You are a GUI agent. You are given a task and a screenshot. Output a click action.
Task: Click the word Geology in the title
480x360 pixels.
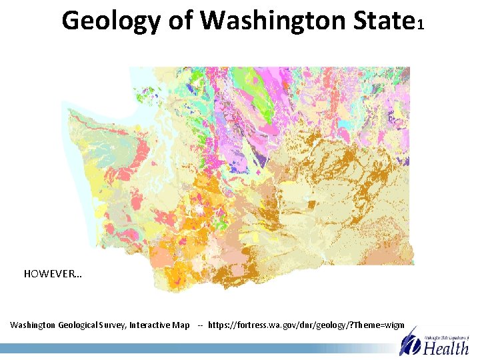(x=110, y=21)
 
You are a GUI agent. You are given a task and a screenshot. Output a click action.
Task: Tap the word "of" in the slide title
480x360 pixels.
(x=179, y=21)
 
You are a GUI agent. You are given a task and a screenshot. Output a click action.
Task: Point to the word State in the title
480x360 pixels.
(x=381, y=21)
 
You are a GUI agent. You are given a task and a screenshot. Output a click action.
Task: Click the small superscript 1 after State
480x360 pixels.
(x=419, y=25)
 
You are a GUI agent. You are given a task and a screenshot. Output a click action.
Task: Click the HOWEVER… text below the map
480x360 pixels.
(x=53, y=274)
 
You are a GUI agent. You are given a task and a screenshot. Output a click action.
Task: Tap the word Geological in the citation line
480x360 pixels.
(x=87, y=325)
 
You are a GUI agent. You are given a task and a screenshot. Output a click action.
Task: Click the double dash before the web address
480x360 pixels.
(x=200, y=325)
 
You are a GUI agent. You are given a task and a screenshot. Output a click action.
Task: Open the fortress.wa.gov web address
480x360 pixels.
(x=306, y=325)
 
